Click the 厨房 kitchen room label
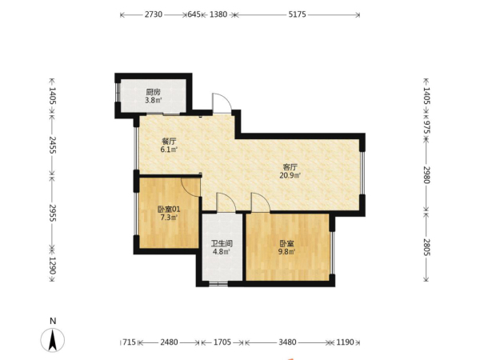point(153,92)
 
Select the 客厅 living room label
point(290,167)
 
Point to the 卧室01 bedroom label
point(169,210)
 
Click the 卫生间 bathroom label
point(222,244)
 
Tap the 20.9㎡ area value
point(290,175)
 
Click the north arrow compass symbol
point(53,340)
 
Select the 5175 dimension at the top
point(297,14)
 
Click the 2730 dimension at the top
point(154,14)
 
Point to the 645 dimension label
point(194,14)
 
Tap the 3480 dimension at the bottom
point(287,342)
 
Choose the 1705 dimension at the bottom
point(222,342)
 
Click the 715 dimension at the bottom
point(129,342)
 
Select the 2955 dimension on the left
point(53,213)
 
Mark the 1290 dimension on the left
point(53,266)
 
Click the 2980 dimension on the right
point(426,174)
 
